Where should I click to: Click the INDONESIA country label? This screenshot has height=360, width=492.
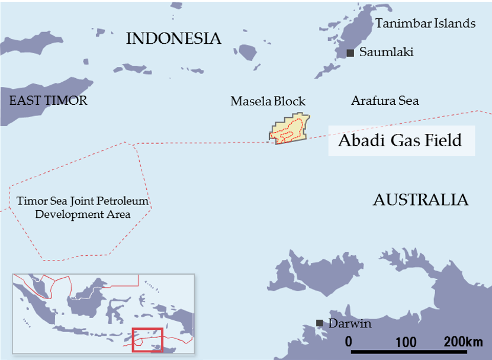173,39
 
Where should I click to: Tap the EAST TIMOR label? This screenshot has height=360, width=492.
48,100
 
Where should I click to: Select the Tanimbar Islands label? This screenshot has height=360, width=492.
425,24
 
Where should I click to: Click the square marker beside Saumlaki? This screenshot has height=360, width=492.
350,53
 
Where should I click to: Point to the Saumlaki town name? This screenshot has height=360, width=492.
386,53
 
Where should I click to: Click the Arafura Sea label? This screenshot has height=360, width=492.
385,101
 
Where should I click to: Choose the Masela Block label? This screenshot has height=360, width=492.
268,102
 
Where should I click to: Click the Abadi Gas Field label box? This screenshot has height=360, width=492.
401,141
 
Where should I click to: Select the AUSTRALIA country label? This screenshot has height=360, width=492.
420,200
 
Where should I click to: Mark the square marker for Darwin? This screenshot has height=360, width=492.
320,323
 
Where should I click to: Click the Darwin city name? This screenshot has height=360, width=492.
349,324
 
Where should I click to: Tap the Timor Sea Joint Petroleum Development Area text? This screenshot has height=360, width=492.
82,208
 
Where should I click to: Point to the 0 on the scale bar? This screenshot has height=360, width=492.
349,342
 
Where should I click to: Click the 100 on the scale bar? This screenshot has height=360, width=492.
406,342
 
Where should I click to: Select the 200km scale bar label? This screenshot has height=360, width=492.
462,342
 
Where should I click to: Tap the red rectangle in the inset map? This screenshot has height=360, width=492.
147,339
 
